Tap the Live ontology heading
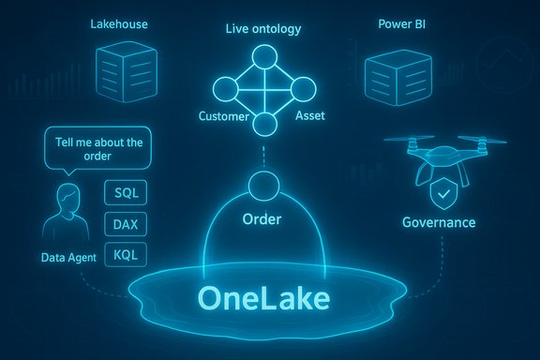click(263, 29)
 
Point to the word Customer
click(225, 116)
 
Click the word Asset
click(309, 116)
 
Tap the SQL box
click(126, 193)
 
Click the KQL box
click(126, 254)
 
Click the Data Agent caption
click(68, 256)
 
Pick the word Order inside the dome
click(262, 219)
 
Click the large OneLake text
click(263, 297)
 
